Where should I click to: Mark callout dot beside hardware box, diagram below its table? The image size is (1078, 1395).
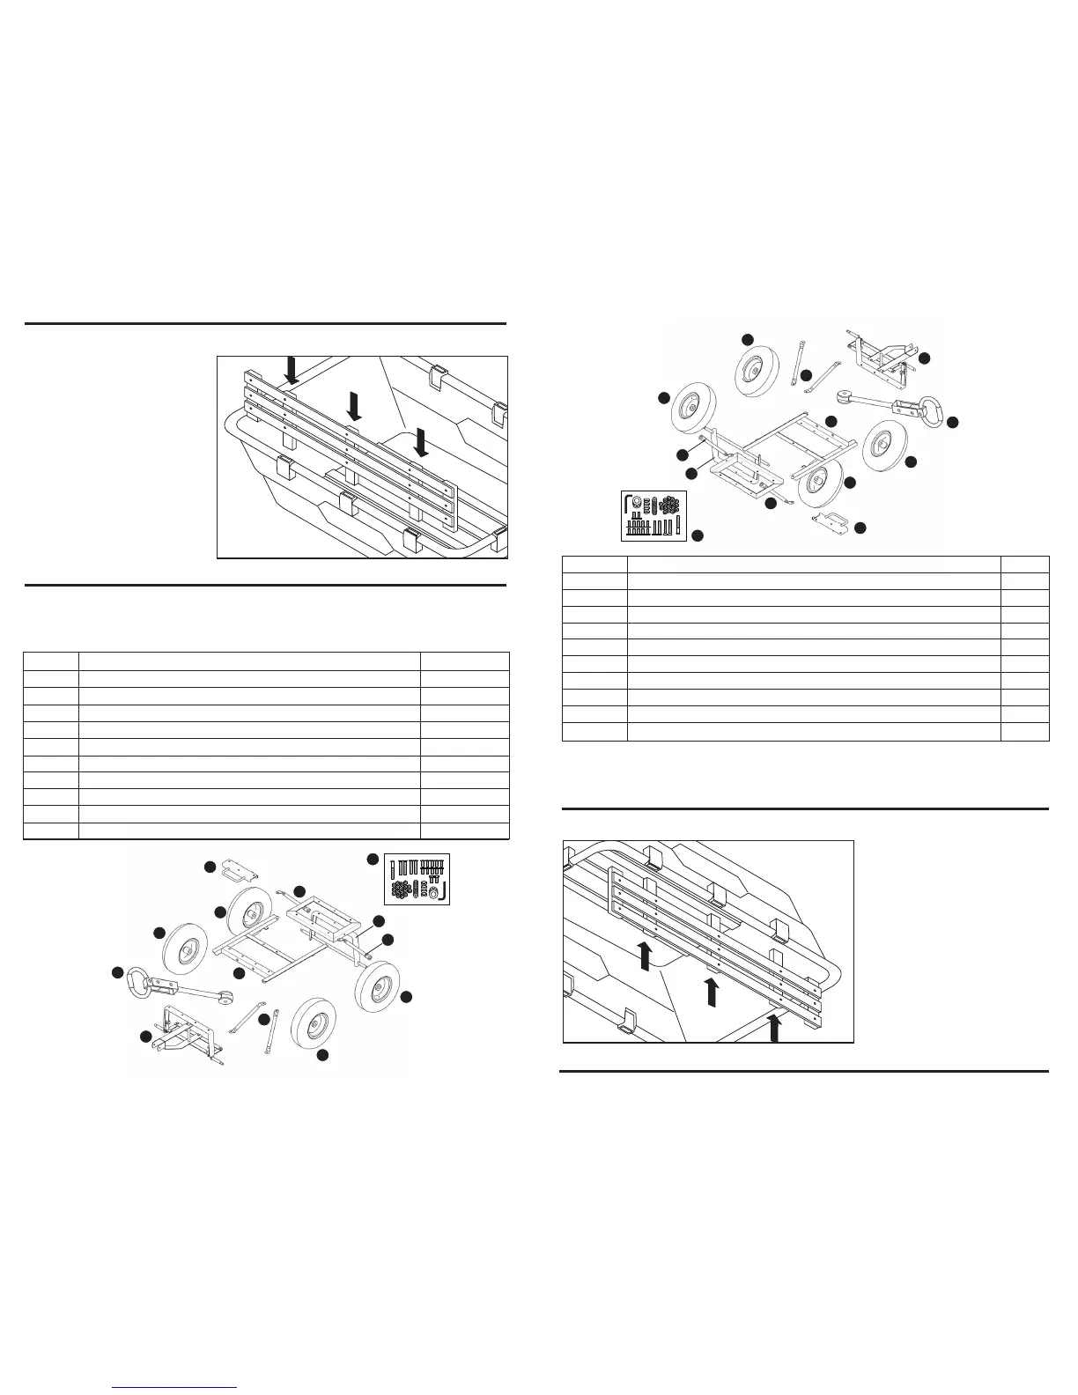[373, 859]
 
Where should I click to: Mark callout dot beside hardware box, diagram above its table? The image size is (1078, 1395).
[698, 535]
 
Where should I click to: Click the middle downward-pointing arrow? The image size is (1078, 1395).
[354, 406]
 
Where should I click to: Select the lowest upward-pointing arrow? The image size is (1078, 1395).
[774, 1027]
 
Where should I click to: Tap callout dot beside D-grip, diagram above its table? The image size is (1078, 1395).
[951, 423]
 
